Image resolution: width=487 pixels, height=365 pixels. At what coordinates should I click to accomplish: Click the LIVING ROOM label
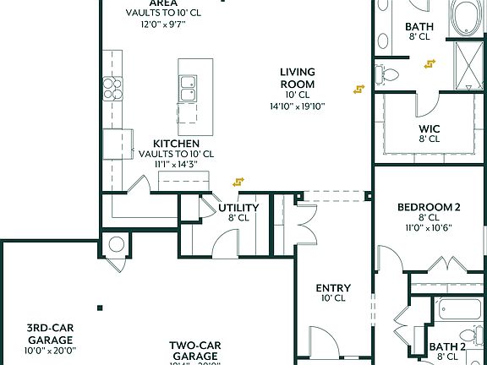click(x=298, y=78)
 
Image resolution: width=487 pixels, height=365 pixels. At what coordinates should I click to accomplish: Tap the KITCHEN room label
click(x=176, y=144)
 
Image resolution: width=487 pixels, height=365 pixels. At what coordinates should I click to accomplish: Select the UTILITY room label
click(x=238, y=207)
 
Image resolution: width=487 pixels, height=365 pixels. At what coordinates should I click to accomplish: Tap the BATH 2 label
click(x=447, y=346)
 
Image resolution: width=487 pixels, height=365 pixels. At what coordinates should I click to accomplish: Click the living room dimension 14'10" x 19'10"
click(x=298, y=106)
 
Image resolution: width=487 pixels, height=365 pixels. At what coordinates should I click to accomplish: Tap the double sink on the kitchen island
click(x=189, y=87)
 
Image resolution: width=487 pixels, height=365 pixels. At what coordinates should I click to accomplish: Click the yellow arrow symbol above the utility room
click(x=238, y=181)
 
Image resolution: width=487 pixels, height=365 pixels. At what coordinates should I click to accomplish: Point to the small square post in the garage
click(x=100, y=308)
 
